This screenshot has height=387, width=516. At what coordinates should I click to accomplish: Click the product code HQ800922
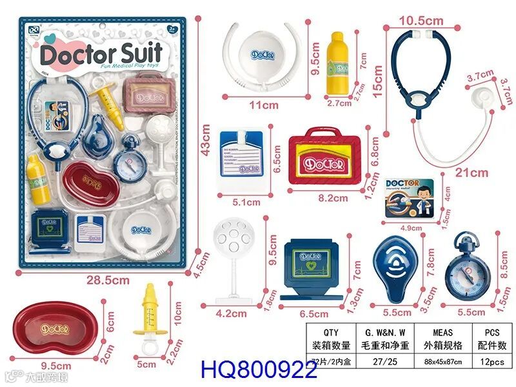pyautogui.click(x=259, y=370)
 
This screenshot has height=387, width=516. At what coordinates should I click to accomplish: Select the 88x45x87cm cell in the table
pyautogui.click(x=439, y=362)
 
